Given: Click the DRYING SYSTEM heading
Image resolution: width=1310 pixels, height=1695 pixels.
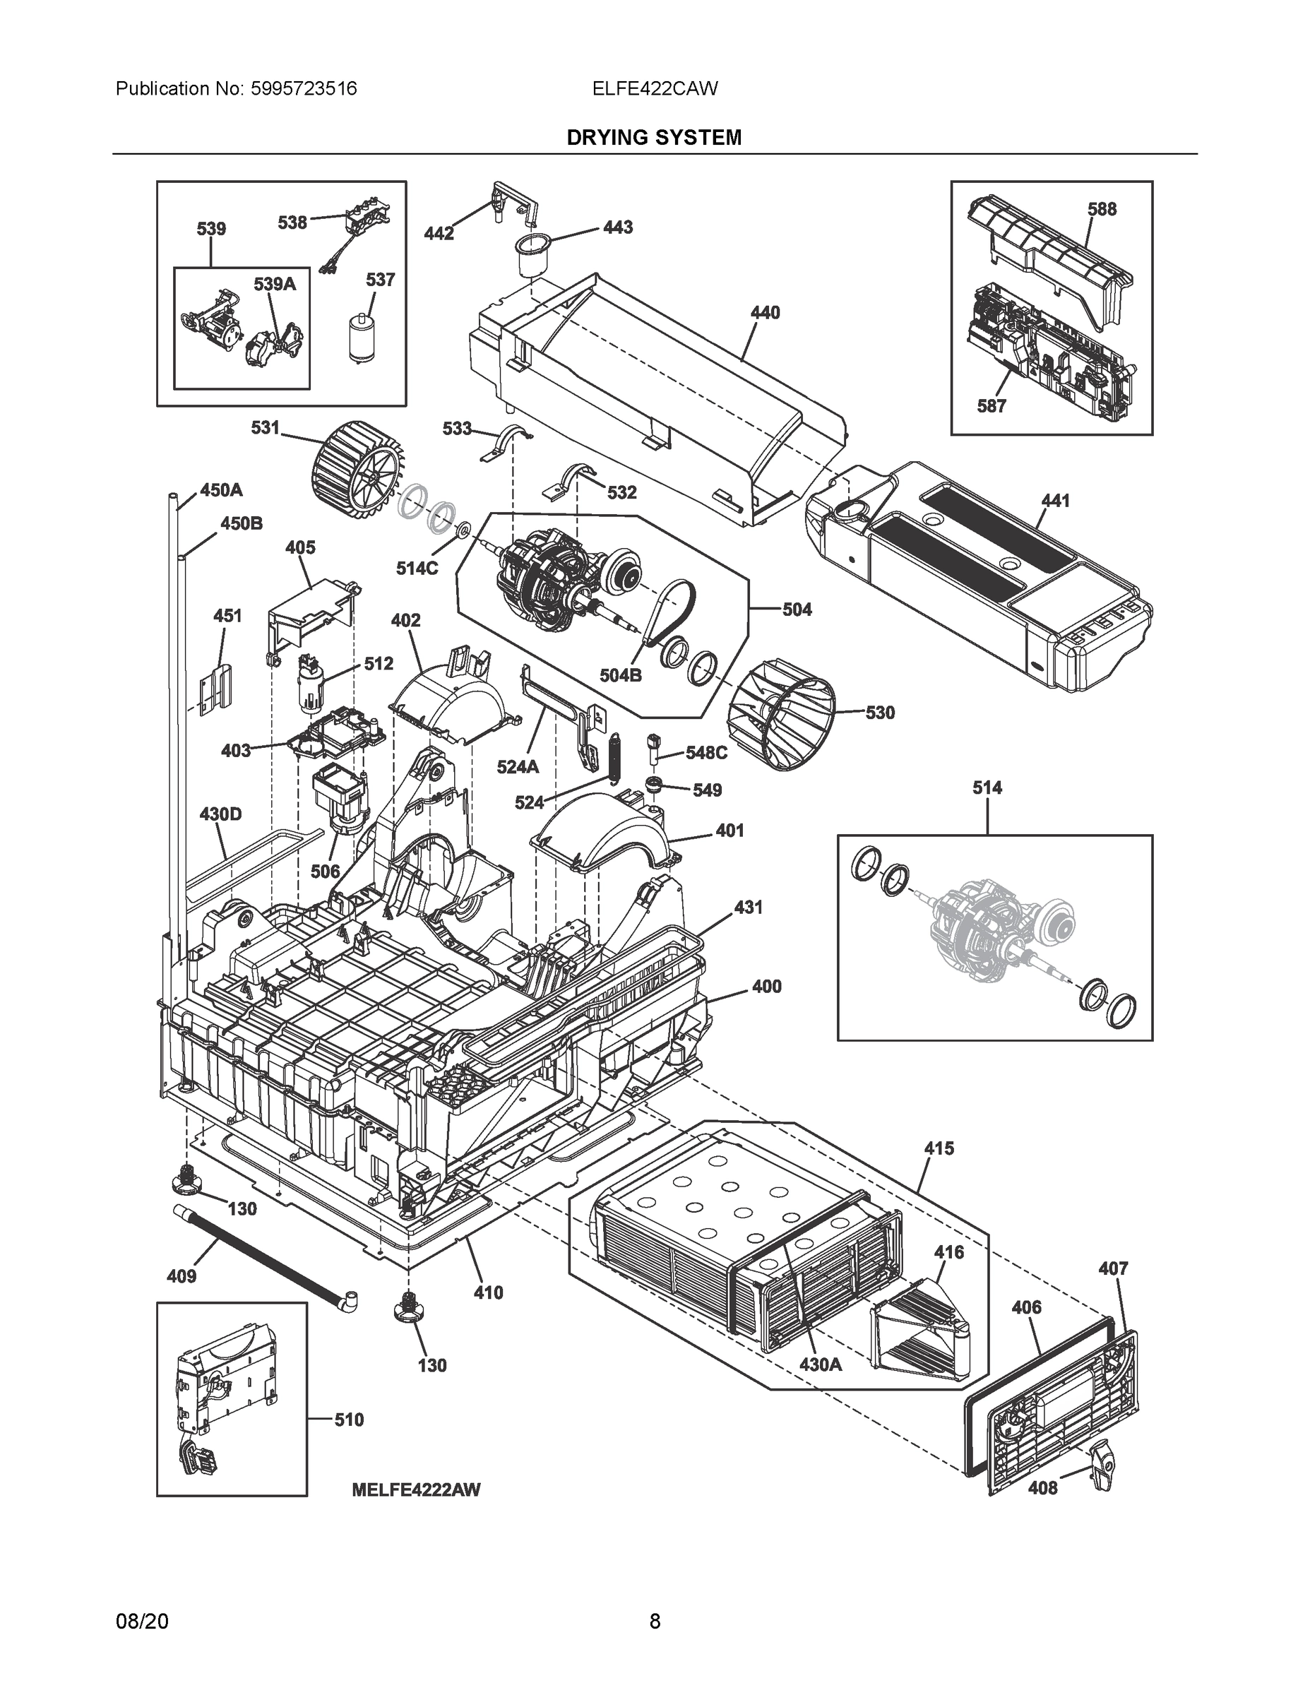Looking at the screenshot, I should (653, 138).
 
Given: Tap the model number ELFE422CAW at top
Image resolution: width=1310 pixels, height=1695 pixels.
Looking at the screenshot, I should (654, 88).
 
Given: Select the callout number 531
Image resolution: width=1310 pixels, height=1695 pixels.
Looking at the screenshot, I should (265, 427).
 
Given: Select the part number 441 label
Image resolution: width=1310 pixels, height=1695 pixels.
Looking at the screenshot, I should (1054, 501).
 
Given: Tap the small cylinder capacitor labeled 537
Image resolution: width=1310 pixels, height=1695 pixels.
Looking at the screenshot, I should (360, 338).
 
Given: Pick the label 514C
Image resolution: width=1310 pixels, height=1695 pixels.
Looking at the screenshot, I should (417, 568).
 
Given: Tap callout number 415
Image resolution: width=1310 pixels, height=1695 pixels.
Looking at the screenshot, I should (939, 1148).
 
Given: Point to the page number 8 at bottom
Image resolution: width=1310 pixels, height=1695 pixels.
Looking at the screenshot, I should (654, 1621).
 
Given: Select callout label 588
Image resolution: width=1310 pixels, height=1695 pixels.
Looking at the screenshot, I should (1102, 209).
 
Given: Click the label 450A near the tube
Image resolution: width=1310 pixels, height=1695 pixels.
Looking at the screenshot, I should (221, 489).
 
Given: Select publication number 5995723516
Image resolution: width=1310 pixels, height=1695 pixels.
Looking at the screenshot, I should (304, 88).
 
